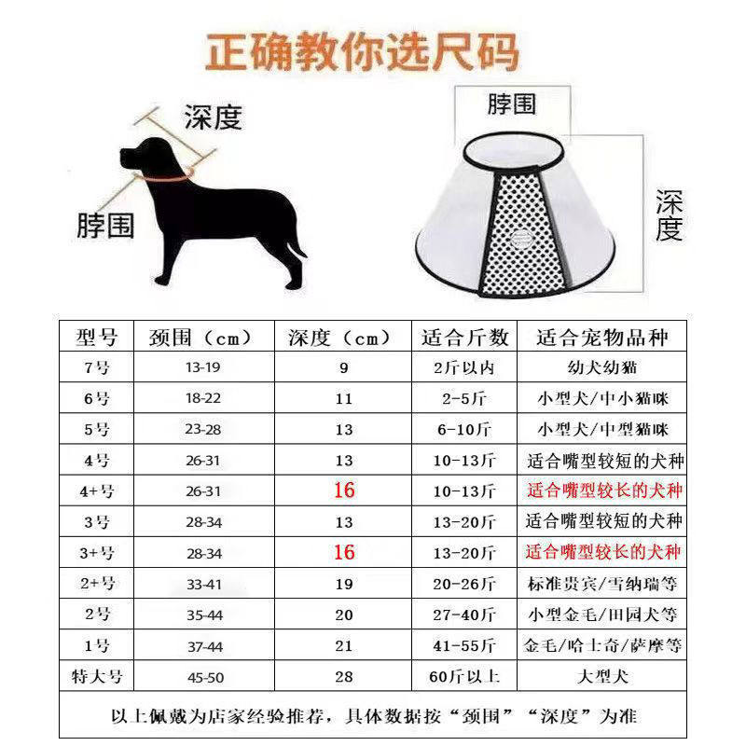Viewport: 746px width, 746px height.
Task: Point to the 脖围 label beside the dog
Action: [x=105, y=225]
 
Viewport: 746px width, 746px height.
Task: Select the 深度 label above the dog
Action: [x=213, y=117]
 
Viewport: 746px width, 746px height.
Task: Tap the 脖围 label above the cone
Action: [x=511, y=103]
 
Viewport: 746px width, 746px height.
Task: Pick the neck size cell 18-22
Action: [x=203, y=398]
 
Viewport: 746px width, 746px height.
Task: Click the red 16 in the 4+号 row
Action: [x=344, y=490]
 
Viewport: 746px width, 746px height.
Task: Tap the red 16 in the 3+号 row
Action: [x=344, y=552]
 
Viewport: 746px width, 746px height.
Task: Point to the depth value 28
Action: [x=344, y=676]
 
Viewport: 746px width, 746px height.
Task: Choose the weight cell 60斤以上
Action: [x=465, y=676]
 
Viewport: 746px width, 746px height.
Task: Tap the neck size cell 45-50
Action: [x=203, y=676]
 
